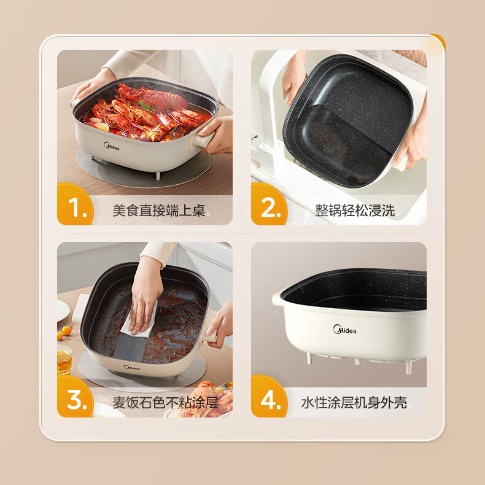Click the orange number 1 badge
[75, 204]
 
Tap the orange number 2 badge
[269, 204]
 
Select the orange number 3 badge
[75, 397]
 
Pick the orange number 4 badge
[269, 397]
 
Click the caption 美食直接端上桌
[159, 211]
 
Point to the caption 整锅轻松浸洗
[355, 211]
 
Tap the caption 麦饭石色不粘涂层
[166, 403]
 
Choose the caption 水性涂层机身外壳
[354, 403]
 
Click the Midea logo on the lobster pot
[111, 146]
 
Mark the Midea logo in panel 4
[344, 330]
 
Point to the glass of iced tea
[64, 360]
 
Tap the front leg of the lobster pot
[158, 176]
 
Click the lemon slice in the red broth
[101, 127]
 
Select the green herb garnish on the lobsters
[145, 106]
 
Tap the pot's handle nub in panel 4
[277, 300]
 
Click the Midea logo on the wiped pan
[132, 368]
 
